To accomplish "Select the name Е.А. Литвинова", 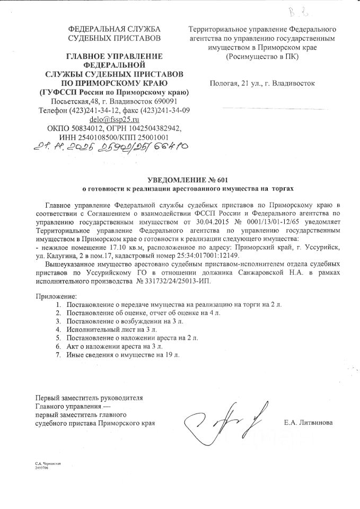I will click(x=309, y=423).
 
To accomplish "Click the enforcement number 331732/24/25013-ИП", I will click(x=173, y=280).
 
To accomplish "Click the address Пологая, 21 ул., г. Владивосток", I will click(x=262, y=83).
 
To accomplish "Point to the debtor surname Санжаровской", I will click(x=266, y=271).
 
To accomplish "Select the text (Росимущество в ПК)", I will click(x=262, y=56).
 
